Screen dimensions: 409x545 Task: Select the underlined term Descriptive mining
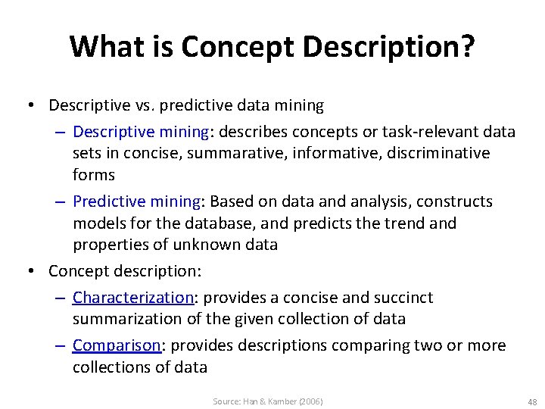click(141, 132)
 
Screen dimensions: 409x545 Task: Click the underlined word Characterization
click(133, 298)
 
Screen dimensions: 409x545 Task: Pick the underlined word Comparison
click(117, 345)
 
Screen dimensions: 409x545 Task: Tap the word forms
click(94, 175)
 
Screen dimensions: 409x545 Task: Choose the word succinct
click(404, 298)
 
